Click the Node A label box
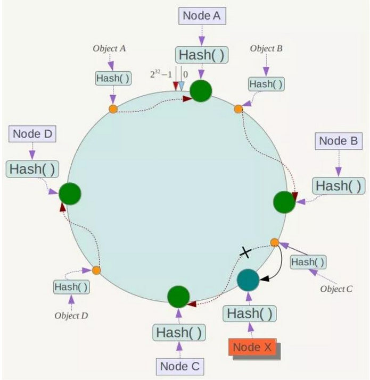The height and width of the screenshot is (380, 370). pos(202,16)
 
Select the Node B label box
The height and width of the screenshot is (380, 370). pos(339,141)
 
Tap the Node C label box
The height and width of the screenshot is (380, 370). pos(180,366)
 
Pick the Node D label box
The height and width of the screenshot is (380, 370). pos(32,134)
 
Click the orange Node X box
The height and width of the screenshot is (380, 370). pos(252,347)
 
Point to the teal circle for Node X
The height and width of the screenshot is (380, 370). pos(248,280)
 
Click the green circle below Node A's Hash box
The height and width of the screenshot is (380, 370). pos(201,91)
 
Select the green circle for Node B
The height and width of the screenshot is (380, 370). pos(284,202)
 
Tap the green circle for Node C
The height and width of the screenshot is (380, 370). pos(178,297)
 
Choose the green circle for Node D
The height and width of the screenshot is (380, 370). pos(70,194)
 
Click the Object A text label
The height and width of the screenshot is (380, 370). pos(109,48)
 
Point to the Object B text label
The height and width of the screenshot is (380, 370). pos(266,48)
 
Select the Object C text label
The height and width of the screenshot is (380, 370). pos(336,289)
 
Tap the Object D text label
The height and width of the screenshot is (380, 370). pos(71,316)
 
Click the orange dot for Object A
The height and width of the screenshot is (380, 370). pos(113,109)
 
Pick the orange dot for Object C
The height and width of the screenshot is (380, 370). pos(275,242)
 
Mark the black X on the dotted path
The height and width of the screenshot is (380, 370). pos(245,253)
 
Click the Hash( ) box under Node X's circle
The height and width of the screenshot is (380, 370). pos(250,314)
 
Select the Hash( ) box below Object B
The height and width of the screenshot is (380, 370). pos(266,84)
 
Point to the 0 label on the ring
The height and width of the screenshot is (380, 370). pos(185,74)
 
